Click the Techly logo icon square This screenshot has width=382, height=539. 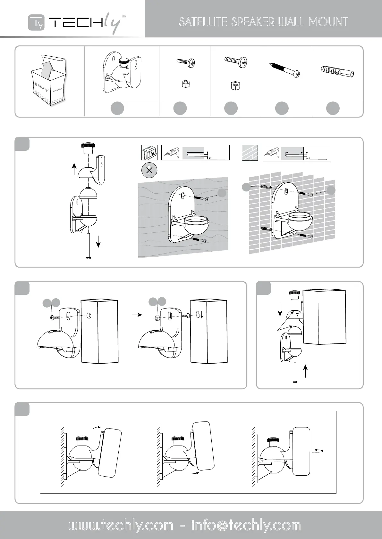coord(36,22)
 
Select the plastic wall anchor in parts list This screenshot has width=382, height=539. coord(337,72)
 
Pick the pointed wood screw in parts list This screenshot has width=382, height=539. coord(285,70)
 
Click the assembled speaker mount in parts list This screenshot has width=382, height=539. coord(122,72)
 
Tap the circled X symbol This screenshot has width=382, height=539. coord(149,170)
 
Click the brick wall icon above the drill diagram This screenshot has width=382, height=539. coord(250,153)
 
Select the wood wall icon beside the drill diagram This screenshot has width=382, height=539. coord(149,153)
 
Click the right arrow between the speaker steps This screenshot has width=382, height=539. coord(137,315)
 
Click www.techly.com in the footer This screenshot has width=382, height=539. coord(121,526)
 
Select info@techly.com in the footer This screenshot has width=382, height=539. coord(246,526)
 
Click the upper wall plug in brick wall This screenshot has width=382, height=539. coord(266,187)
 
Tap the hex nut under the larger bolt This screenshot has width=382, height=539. coord(235,85)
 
